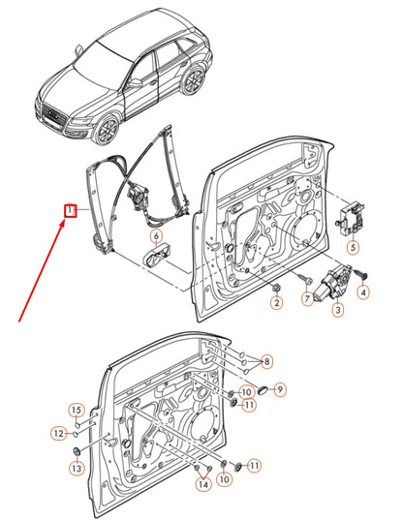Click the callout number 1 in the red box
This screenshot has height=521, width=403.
tap(70, 211)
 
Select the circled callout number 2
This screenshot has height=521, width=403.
tap(277, 302)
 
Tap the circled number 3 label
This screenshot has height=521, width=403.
tap(338, 310)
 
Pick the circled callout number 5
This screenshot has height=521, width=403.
tap(354, 247)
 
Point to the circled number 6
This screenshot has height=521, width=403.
tap(157, 236)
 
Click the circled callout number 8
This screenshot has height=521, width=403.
tap(267, 361)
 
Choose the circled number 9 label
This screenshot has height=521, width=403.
tap(280, 389)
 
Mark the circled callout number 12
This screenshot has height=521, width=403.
tap(58, 433)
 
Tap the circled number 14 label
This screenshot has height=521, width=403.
tap(203, 484)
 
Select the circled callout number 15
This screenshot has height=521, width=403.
tap(77, 410)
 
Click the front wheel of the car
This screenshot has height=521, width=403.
tap(108, 129)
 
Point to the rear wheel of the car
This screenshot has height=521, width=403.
tap(194, 79)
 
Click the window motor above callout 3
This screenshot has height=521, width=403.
tap(331, 285)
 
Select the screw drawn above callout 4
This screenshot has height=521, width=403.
tap(360, 273)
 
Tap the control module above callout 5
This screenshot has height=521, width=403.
tap(350, 219)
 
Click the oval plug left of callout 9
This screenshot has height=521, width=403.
tap(263, 389)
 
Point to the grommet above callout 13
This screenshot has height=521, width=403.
tap(77, 452)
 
